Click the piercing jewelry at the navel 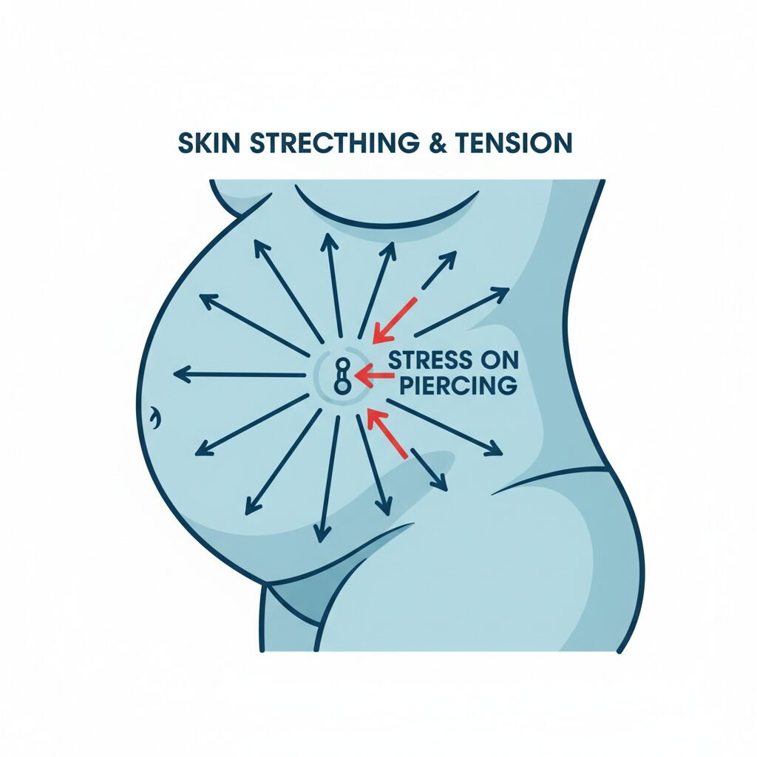coord(342,375)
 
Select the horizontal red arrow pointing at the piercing coord(373,376)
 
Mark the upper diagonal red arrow coord(395,319)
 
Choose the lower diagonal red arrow coord(387,433)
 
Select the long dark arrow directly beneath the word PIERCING coord(444,427)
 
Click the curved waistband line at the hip coord(547,477)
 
